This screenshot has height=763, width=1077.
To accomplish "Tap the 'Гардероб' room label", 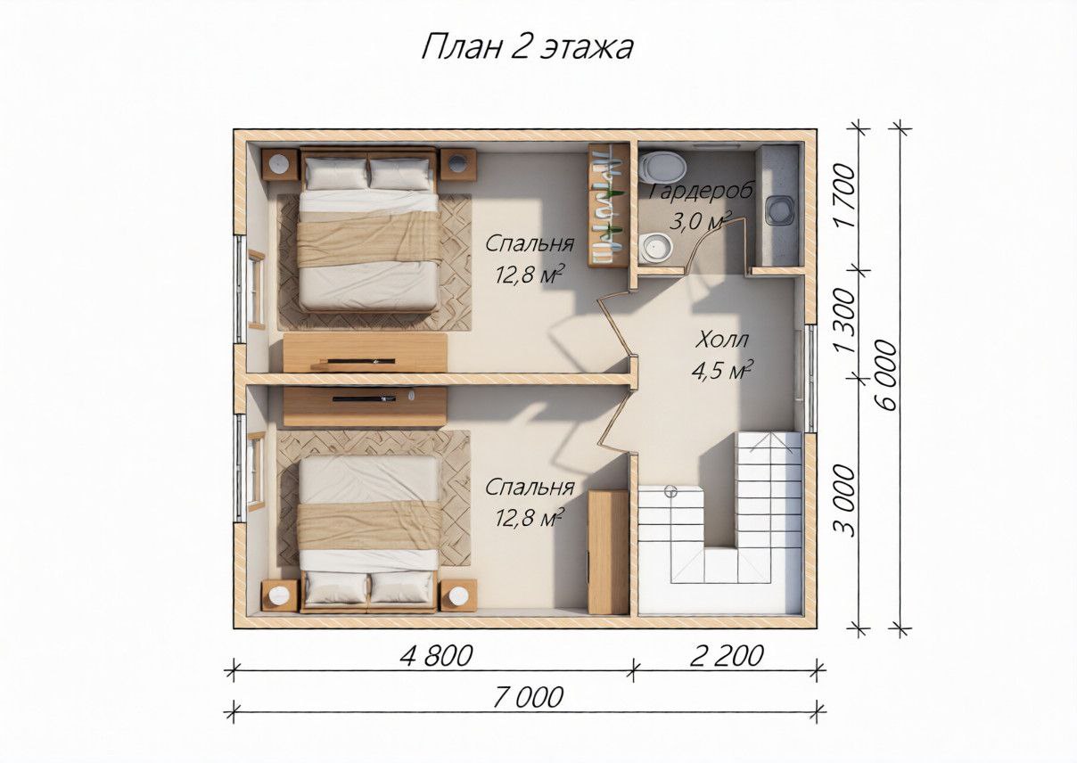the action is (x=702, y=191).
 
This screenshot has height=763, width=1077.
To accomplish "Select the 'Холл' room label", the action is (x=722, y=340).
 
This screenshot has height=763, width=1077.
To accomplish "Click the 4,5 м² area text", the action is (x=722, y=370).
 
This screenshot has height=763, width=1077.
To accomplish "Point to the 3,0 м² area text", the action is (x=701, y=221).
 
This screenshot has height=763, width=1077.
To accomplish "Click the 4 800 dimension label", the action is (x=436, y=656).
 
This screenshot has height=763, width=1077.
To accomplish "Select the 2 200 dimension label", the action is (x=727, y=656).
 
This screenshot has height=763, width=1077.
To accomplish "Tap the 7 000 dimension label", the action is (x=528, y=698).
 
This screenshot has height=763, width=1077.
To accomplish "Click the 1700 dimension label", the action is (x=845, y=195).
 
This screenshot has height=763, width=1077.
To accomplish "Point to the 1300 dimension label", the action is (x=845, y=321).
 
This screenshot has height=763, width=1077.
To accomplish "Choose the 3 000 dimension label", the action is (x=845, y=500).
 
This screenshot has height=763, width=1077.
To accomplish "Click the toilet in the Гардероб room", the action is (x=664, y=167).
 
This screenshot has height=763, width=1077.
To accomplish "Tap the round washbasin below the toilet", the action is (x=657, y=248).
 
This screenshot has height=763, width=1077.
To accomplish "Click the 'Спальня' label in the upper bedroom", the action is (x=530, y=243).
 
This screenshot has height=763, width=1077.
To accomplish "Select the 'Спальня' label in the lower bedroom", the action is (x=530, y=488).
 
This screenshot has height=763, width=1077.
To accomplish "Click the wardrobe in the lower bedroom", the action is (x=609, y=552).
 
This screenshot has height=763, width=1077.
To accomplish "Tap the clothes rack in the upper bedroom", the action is (x=609, y=205).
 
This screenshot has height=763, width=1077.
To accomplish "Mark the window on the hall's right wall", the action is (x=810, y=378).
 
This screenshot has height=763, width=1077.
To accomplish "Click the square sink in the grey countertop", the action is (x=779, y=210).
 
